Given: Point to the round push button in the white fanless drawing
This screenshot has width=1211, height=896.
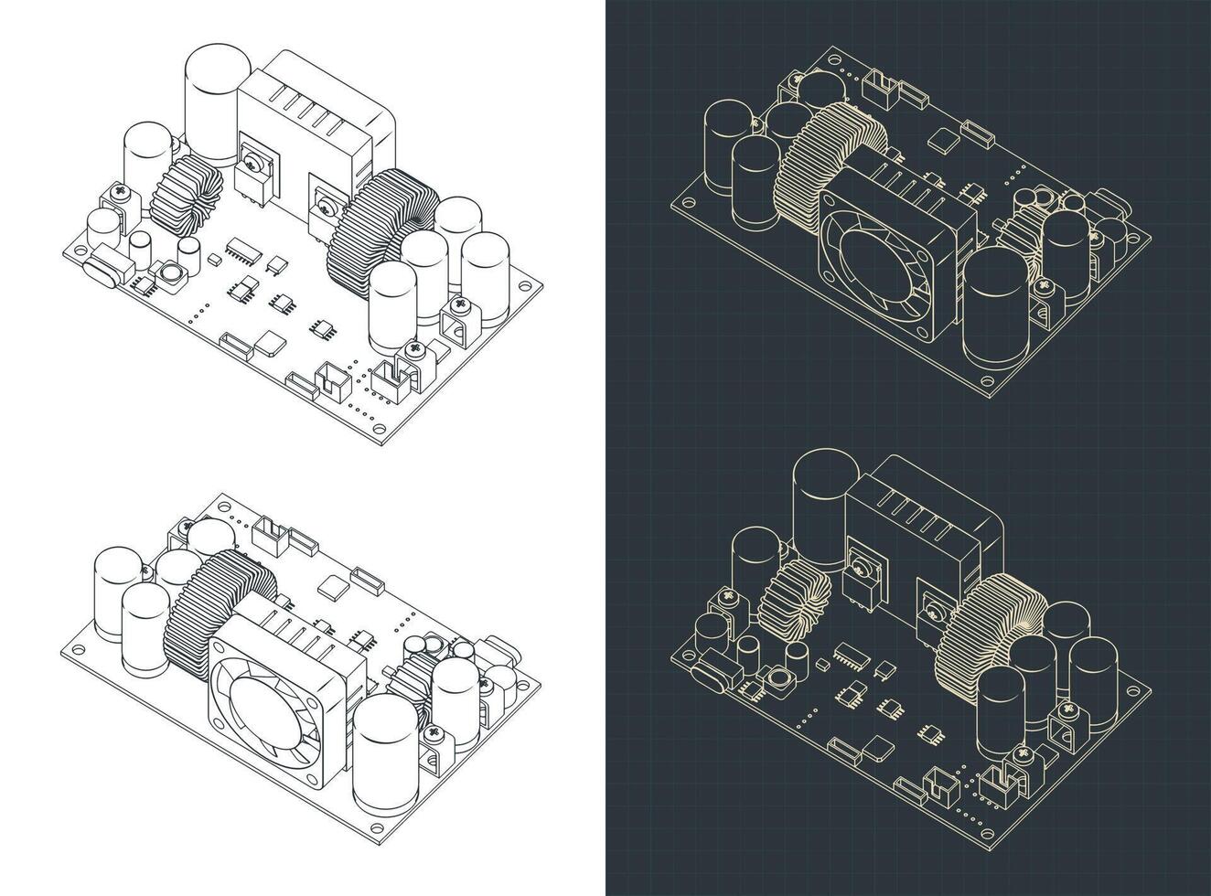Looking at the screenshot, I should coord(170,272).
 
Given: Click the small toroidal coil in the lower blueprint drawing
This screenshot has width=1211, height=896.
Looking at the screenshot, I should coord(792,603).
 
